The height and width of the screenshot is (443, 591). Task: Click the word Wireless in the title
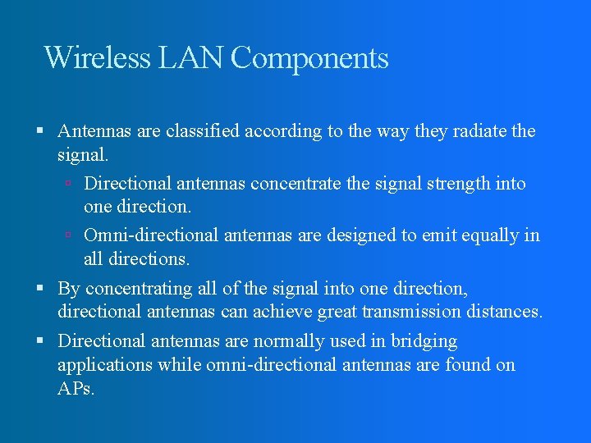click(97, 58)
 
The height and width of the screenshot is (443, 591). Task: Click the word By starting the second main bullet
click(69, 289)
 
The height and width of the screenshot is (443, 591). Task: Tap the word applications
click(104, 365)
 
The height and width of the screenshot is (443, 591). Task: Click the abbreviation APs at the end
click(76, 389)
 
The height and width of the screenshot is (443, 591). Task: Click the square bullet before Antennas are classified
click(40, 131)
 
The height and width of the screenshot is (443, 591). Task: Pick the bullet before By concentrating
click(40, 289)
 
